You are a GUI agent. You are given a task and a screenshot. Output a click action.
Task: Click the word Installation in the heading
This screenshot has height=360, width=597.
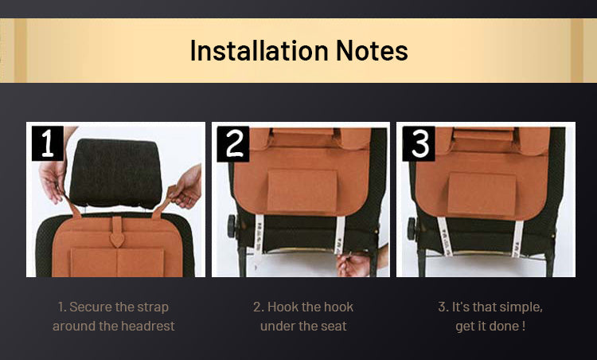point(259,50)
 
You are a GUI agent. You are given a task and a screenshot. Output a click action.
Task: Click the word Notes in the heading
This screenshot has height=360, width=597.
point(372,51)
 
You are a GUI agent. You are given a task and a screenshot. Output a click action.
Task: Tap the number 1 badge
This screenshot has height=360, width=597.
point(48,143)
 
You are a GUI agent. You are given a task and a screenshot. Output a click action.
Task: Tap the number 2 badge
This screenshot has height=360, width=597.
point(233,144)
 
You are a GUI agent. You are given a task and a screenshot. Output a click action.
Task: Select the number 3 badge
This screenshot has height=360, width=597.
point(419,143)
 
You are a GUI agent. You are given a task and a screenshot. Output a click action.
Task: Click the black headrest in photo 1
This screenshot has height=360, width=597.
point(115,173)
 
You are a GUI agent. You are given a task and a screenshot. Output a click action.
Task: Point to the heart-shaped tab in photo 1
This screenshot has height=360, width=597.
point(117,240)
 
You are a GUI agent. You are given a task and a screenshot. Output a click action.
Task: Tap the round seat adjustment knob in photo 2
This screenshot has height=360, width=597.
point(232,226)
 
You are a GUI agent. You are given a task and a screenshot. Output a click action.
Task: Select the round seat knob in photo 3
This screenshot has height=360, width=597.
point(412,229)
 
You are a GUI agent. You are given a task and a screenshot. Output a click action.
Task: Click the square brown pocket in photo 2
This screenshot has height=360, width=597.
point(302,191)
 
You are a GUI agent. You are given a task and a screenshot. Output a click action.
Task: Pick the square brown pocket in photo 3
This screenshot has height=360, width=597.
point(482,194)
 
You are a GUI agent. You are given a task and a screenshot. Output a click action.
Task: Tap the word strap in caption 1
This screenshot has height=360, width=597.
point(153,307)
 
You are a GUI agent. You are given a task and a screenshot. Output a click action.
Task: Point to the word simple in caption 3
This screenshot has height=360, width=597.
point(521,307)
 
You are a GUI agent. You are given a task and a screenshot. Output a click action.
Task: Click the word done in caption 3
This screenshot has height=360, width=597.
point(508,326)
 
